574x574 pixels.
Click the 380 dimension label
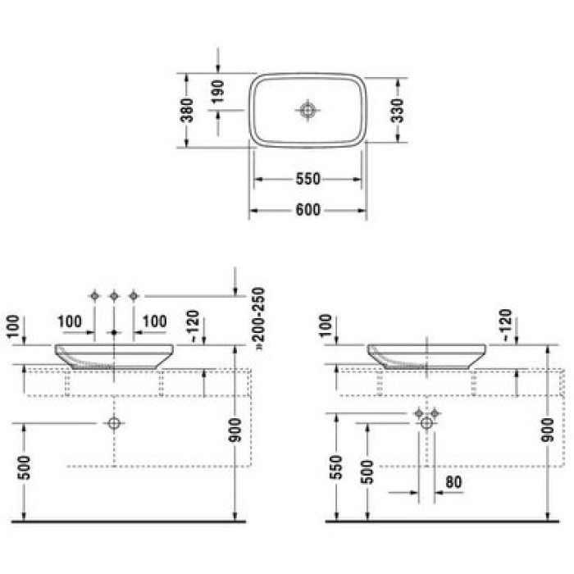[x=189, y=111]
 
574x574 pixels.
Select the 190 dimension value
[x=219, y=93]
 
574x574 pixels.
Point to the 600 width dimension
[x=307, y=211]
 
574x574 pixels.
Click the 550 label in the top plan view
[x=307, y=179]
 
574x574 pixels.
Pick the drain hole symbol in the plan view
[x=307, y=110]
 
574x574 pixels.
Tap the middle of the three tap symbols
[x=114, y=295]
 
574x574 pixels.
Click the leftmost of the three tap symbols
[x=95, y=295]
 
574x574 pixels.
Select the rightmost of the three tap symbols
[x=134, y=295]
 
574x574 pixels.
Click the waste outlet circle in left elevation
[x=114, y=423]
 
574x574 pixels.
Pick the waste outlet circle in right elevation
[x=426, y=422]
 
